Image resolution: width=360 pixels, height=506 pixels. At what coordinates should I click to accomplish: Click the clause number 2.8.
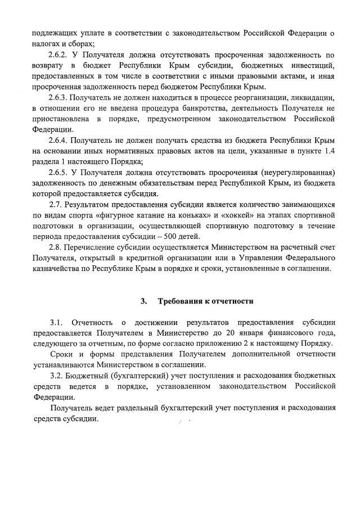(x=56, y=247)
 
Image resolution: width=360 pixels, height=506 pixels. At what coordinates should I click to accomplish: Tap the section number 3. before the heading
(x=144, y=301)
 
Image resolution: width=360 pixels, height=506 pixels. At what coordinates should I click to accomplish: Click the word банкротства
(x=172, y=109)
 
